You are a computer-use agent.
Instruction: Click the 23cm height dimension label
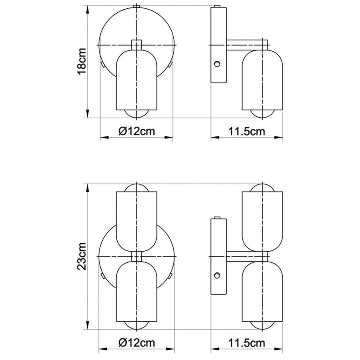(x=81, y=256)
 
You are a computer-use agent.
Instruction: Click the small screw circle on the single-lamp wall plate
(x=217, y=64)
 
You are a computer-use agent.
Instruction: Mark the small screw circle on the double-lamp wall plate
(x=217, y=275)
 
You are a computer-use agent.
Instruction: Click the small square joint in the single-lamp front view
(x=136, y=44)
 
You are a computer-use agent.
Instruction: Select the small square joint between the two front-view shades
(x=136, y=256)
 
